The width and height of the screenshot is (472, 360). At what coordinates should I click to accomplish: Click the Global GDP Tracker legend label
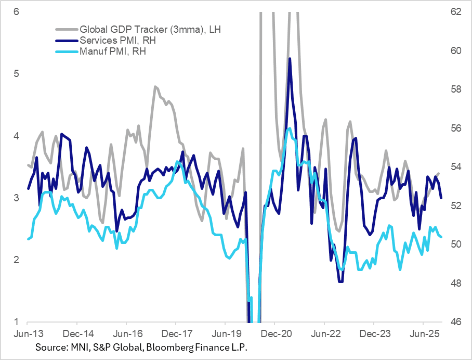[150, 30]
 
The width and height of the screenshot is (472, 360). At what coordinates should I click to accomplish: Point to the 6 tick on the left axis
[16, 11]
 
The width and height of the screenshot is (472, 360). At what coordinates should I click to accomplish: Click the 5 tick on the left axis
[16, 73]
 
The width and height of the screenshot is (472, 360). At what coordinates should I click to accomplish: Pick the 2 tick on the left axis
[16, 260]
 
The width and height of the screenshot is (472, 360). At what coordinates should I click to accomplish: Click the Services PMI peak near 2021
[289, 58]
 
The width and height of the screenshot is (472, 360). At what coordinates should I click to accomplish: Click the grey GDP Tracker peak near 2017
[155, 86]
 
